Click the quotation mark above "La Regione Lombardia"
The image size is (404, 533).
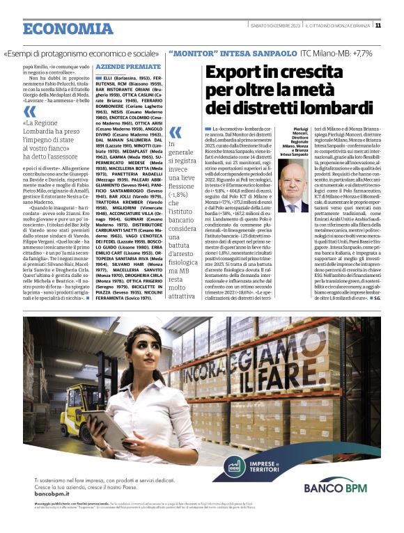pyautogui.click(x=30, y=112)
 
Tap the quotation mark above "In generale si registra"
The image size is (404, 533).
pyautogui.click(x=176, y=132)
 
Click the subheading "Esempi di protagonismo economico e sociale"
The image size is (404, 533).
pyautogui.click(x=81, y=53)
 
